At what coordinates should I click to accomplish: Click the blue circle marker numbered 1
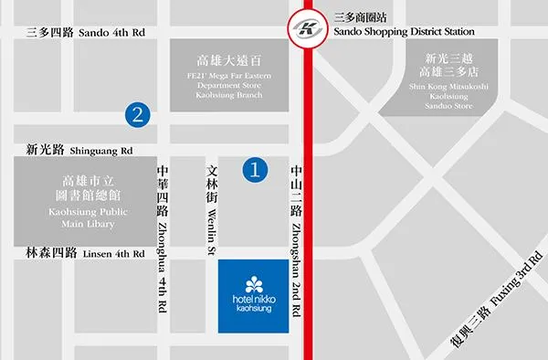point(256,168)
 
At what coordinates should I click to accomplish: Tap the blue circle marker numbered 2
point(137,114)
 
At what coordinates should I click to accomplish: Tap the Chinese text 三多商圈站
point(362,16)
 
